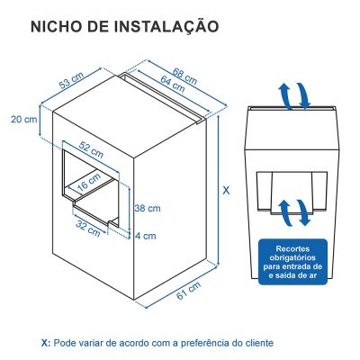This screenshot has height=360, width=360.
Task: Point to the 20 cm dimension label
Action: pos(23,119)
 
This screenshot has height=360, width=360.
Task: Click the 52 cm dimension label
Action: pos(89,146)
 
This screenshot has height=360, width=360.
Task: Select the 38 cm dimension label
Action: pos(148,208)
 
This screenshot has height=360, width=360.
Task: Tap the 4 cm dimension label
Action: pos(145,236)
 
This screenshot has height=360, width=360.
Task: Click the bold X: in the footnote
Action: pos(46,343)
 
